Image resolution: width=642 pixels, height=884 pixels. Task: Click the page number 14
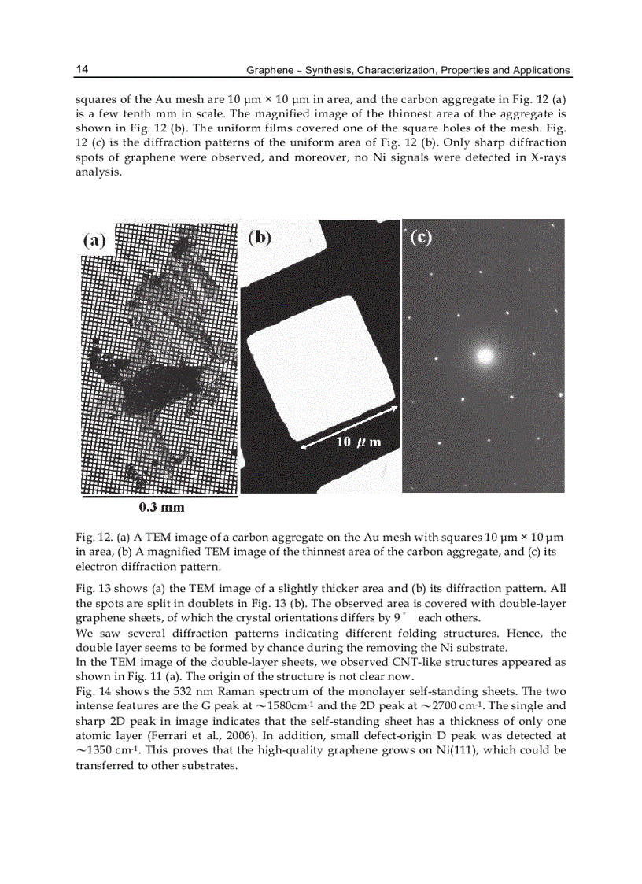82,69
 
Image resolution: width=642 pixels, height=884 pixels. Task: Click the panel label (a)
95,241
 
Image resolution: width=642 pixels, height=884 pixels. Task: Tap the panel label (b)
260,236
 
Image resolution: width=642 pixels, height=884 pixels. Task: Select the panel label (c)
422,236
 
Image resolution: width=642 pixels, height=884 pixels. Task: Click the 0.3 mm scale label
161,508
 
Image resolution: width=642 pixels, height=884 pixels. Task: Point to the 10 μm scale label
359,442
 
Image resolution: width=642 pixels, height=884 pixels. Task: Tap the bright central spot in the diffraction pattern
485,356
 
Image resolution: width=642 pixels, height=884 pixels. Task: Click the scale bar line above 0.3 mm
160,497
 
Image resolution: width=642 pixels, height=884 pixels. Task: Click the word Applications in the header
541,70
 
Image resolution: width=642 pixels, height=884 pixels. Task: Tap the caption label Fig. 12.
94,538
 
